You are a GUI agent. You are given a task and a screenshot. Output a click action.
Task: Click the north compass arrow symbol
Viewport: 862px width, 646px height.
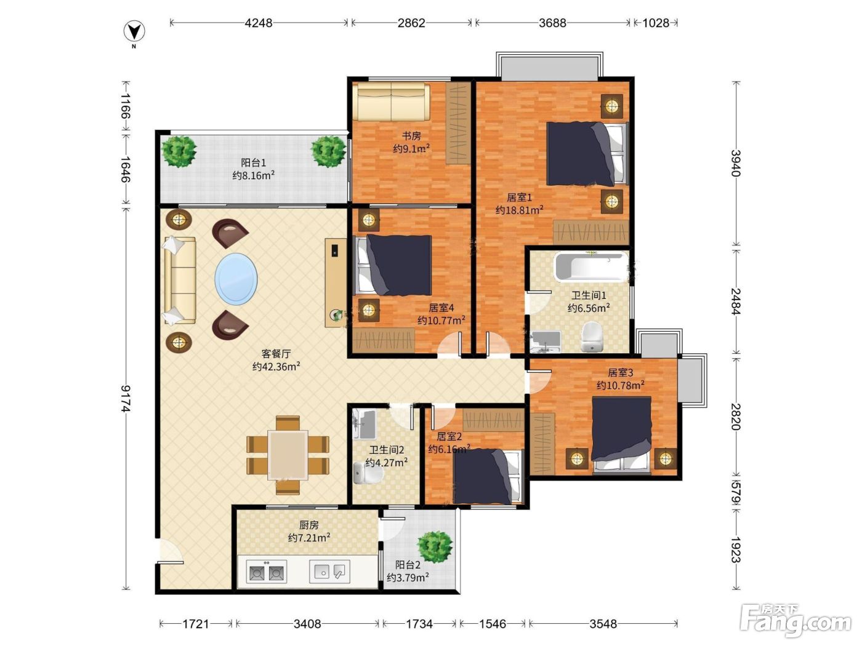(134, 31)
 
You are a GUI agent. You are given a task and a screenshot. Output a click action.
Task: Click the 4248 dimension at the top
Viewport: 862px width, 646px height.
(259, 23)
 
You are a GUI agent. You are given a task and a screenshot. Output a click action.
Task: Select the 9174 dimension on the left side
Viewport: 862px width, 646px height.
(126, 399)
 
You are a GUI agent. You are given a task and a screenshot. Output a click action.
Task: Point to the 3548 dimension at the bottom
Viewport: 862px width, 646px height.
(603, 624)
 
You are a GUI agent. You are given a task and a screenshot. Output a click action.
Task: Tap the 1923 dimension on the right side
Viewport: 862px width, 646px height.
(736, 549)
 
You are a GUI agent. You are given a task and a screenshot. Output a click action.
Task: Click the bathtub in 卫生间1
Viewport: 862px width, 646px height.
(591, 268)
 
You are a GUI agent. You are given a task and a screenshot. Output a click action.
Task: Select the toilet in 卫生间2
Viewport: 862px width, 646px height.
(368, 473)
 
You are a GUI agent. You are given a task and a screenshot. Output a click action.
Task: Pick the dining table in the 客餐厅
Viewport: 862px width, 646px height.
(288, 455)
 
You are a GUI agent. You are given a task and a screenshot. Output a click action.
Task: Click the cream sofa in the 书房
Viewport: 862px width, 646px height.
(391, 102)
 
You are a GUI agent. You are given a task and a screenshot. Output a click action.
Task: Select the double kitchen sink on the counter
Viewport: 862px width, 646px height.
(266, 572)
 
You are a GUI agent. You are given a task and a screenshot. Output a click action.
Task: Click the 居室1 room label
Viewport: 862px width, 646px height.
(519, 197)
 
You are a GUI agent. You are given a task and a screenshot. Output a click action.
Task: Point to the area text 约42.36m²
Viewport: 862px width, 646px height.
(276, 367)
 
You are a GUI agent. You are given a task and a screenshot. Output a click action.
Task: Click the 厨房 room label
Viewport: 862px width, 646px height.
(308, 525)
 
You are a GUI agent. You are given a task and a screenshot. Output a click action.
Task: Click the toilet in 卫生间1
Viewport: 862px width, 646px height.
(592, 336)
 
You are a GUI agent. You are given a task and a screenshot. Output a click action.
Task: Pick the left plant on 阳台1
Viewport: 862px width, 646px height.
(179, 151)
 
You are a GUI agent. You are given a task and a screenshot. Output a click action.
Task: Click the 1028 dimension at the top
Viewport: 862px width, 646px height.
(656, 23)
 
